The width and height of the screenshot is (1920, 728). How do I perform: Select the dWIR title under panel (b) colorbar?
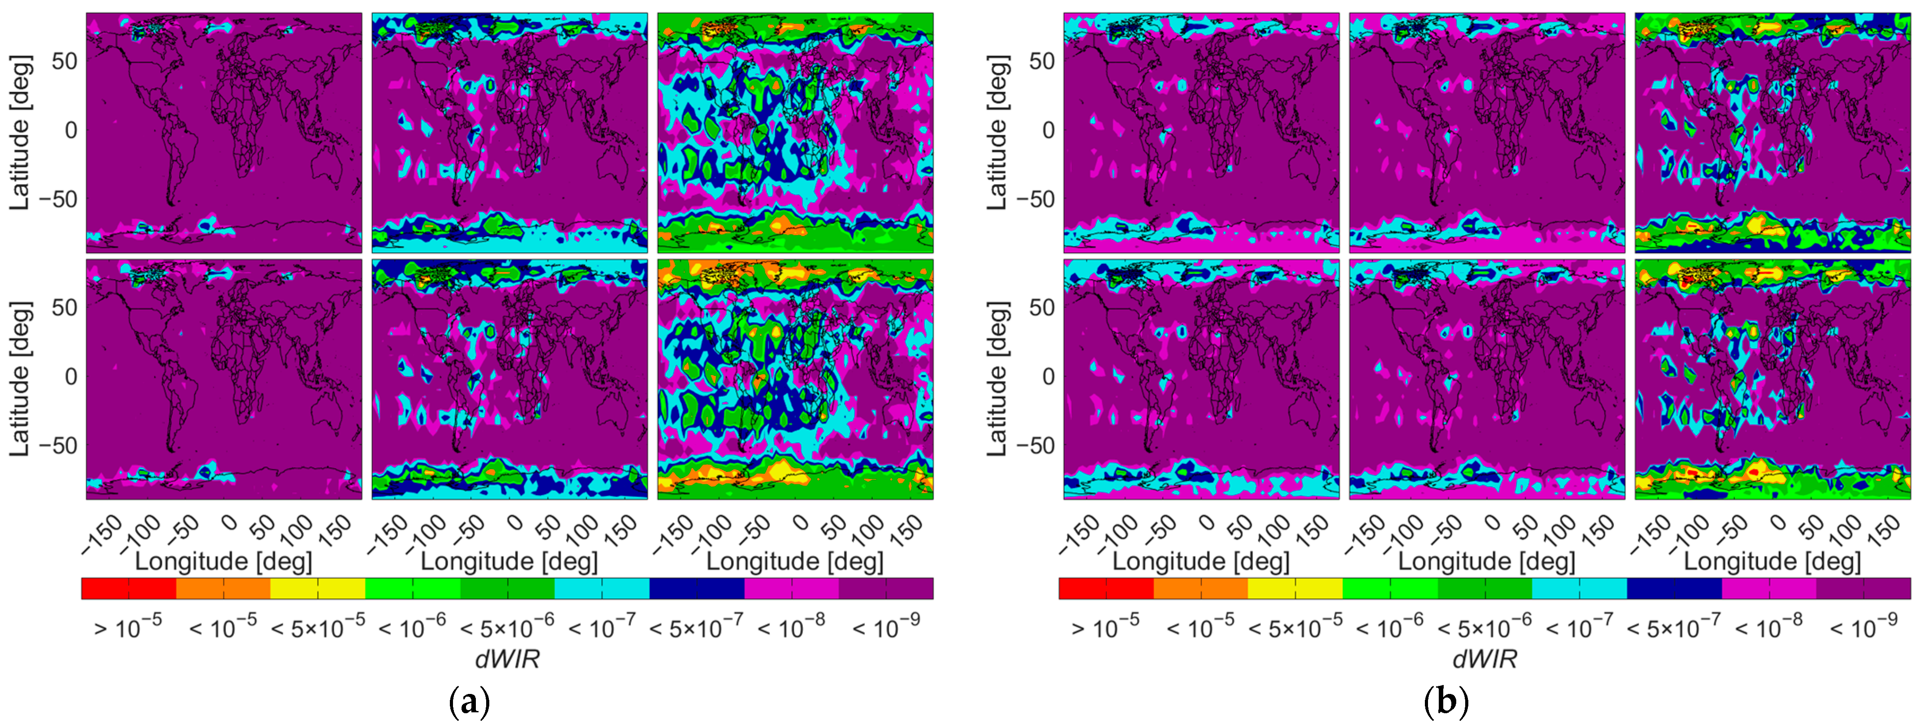[x=1485, y=658]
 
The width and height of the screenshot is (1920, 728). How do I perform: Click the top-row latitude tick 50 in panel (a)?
[x=64, y=61]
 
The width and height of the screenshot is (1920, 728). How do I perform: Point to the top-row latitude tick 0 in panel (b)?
[x=1048, y=130]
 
